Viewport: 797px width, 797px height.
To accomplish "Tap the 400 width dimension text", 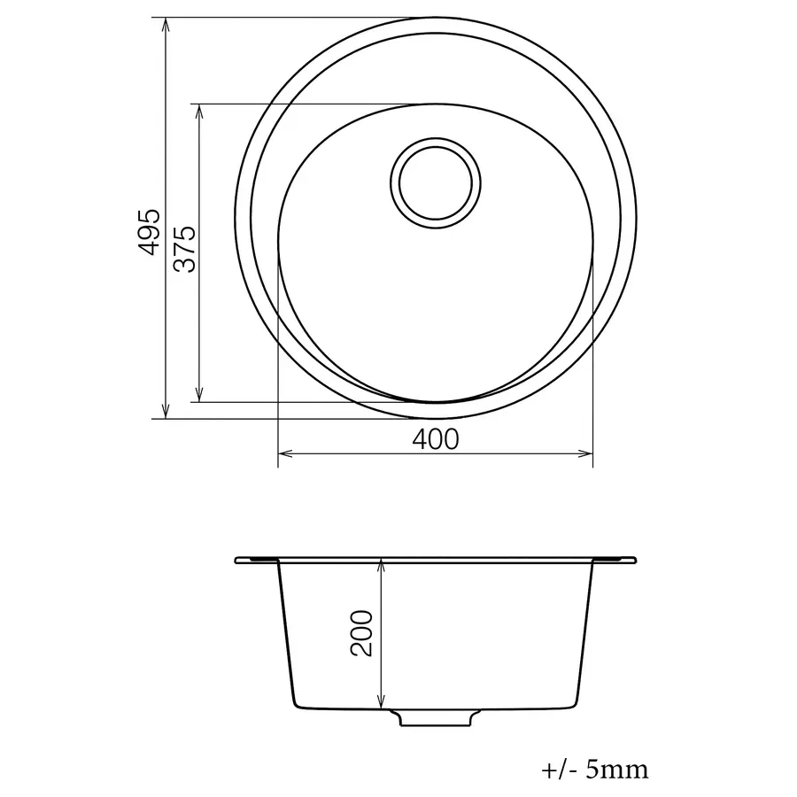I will tap(436, 438).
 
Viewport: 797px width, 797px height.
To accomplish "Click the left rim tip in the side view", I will tap(237, 560).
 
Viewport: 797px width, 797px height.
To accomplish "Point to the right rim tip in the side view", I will tap(633, 560).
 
